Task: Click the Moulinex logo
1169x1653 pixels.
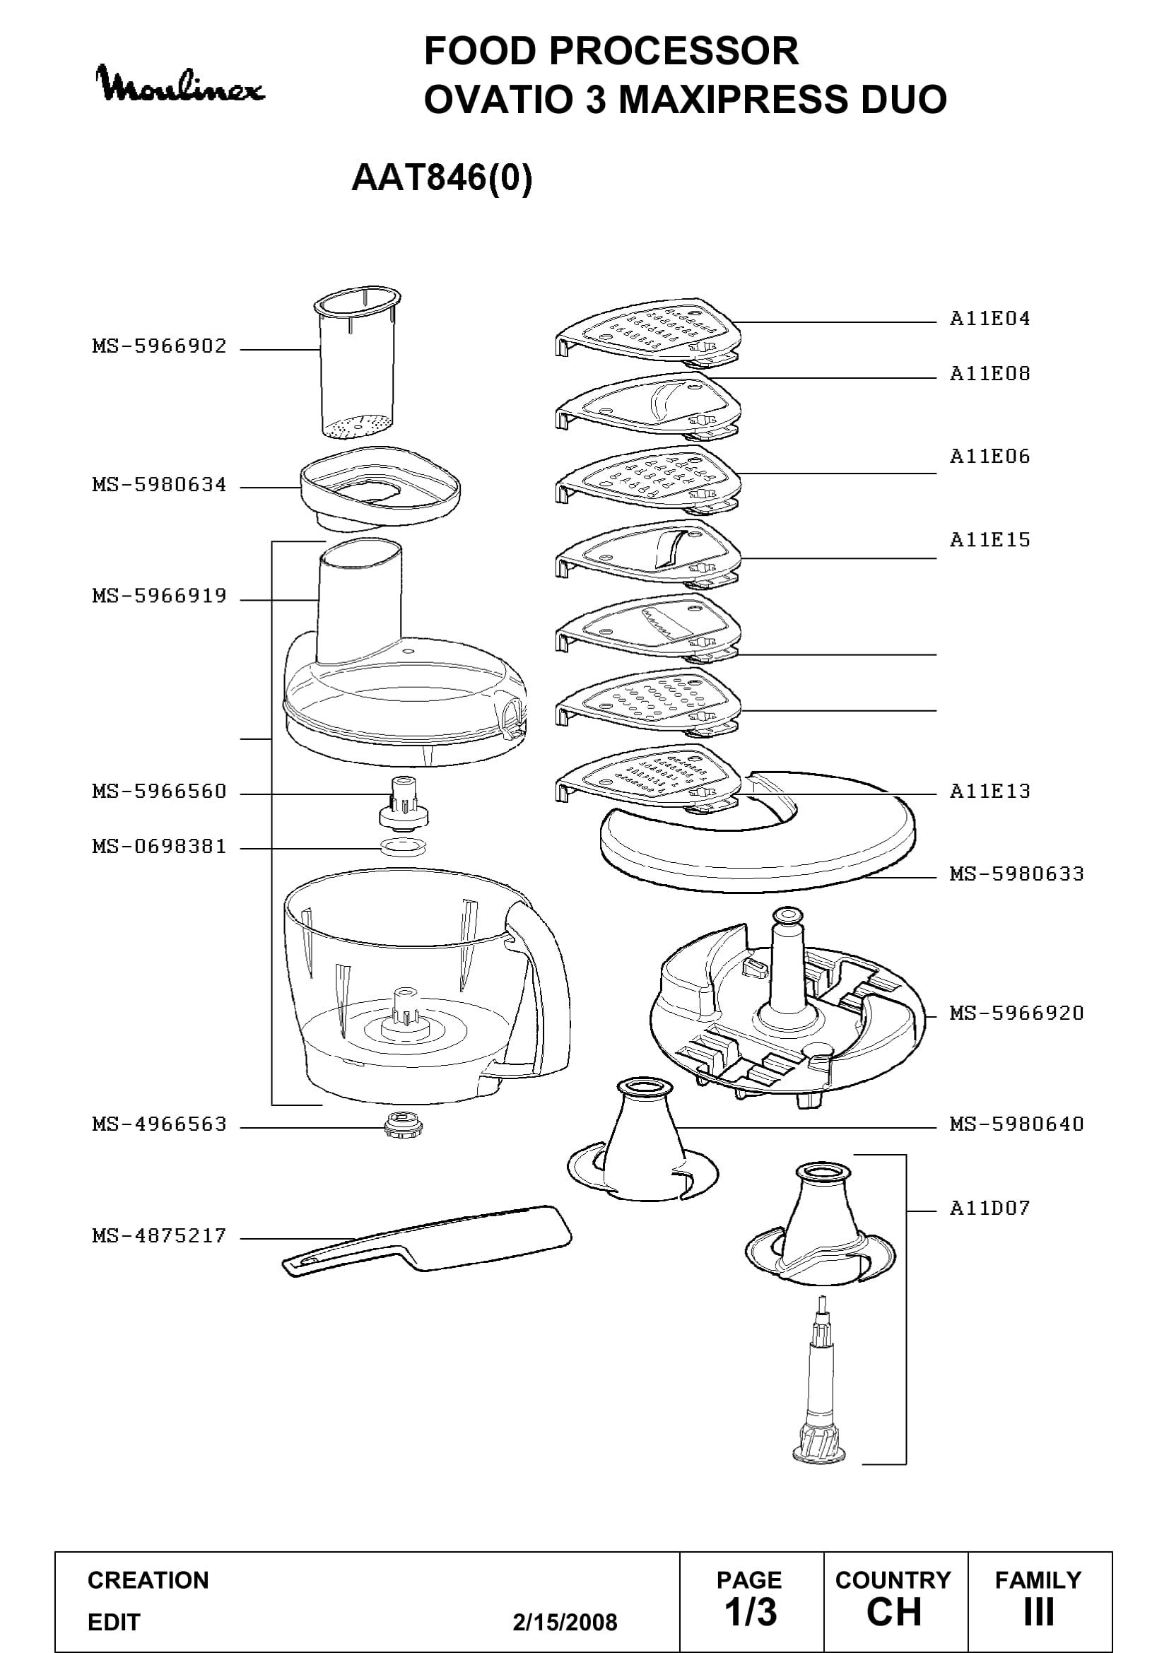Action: (180, 85)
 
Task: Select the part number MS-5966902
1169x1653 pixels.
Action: (159, 346)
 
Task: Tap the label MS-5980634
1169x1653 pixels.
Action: (159, 485)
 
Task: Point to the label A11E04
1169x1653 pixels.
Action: (989, 318)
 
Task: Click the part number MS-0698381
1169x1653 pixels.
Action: (159, 846)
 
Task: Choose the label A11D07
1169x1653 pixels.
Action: (989, 1207)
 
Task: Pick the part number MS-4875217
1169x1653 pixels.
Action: (159, 1235)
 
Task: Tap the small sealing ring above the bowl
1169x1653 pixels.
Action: (402, 847)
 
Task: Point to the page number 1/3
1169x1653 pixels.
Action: (750, 1612)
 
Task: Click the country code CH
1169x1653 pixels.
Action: (894, 1612)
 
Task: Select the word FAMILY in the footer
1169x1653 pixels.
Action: (1038, 1580)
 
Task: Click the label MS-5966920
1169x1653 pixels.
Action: (1016, 1013)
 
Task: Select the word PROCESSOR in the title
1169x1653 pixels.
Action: (674, 51)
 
